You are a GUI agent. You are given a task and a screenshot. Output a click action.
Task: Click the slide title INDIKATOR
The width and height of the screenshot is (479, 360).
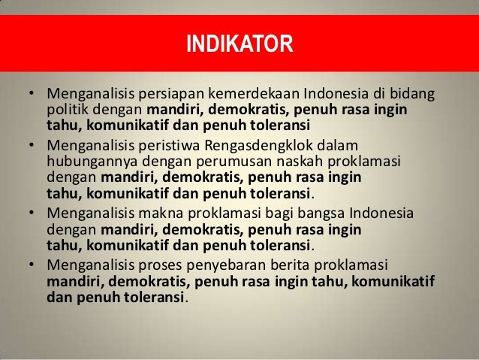click(239, 43)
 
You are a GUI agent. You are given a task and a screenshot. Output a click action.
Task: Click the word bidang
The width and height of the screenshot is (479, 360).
click(414, 95)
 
